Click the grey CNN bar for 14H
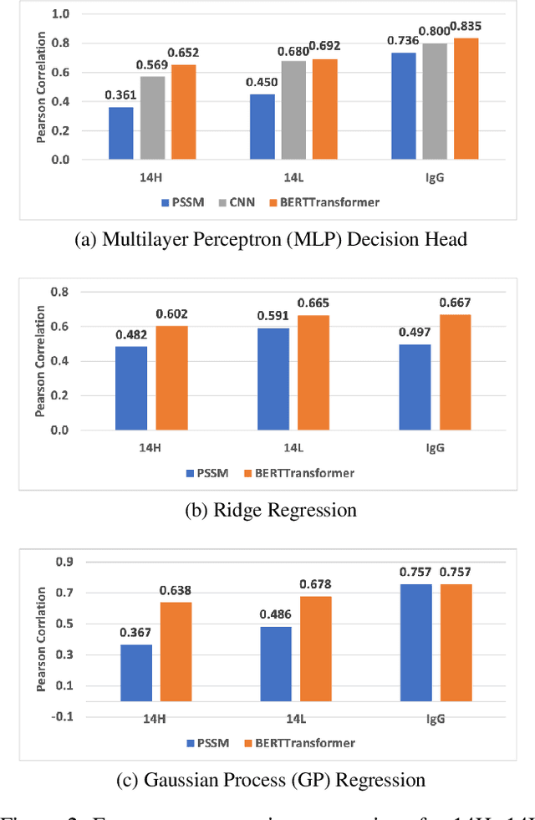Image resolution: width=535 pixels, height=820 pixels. (152, 118)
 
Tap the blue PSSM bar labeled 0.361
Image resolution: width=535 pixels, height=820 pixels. (120, 133)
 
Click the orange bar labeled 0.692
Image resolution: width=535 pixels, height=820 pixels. (324, 109)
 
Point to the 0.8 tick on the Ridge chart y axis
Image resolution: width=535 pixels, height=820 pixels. (59, 292)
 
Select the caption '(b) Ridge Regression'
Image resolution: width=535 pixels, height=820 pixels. (271, 510)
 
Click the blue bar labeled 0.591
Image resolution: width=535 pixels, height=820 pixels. (273, 379)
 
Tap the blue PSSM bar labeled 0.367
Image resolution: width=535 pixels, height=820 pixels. (136, 673)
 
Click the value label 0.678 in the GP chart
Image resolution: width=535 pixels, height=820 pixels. (316, 585)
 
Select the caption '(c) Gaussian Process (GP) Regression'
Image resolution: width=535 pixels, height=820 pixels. (271, 780)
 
